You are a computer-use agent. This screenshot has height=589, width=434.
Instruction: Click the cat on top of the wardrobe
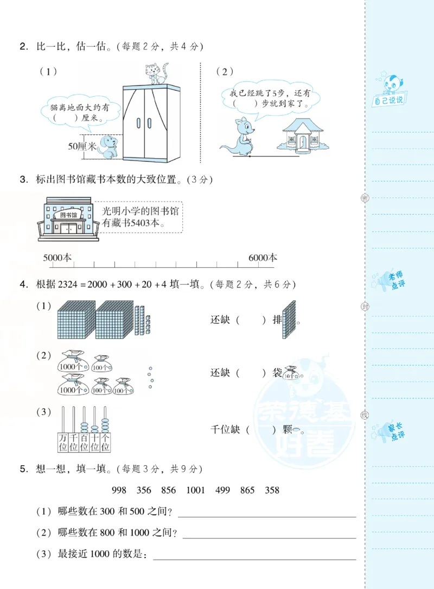click(156, 74)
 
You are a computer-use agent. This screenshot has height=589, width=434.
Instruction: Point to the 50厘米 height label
click(82, 147)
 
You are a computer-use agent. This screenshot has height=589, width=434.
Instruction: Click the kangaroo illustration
click(239, 136)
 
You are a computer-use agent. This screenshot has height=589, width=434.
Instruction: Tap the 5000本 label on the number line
click(58, 258)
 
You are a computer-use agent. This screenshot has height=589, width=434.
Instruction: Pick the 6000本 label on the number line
click(263, 258)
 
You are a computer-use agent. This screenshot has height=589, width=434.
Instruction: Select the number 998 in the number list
click(119, 490)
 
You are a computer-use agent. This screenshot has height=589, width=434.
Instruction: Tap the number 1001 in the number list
click(195, 490)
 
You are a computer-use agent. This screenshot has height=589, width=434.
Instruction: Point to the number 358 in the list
click(272, 490)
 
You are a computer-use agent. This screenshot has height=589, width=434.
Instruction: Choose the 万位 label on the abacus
click(62, 442)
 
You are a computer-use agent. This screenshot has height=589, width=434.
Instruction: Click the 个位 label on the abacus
click(105, 442)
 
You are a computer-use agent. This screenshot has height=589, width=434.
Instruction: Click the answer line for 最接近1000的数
click(255, 556)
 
